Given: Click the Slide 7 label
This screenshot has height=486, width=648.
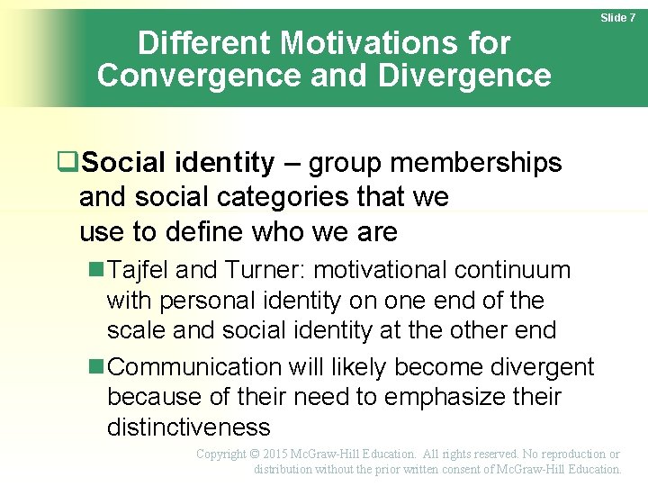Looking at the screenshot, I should tap(618, 18).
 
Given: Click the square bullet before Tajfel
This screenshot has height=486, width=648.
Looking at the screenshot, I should tap(96, 270).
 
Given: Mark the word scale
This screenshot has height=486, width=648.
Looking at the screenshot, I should tap(135, 330).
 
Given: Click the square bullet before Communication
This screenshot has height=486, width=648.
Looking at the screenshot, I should tap(96, 367).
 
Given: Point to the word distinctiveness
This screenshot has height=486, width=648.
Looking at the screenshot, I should tap(188, 427).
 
